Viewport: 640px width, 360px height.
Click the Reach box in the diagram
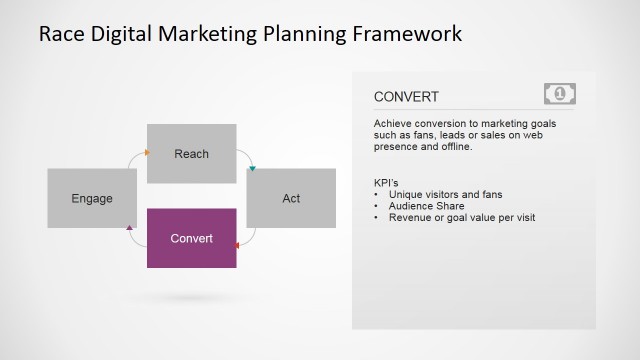pyautogui.click(x=191, y=153)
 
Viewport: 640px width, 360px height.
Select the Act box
pyautogui.click(x=291, y=198)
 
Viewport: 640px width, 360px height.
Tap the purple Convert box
pyautogui.click(x=191, y=238)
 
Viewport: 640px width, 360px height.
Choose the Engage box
pyautogui.click(x=92, y=198)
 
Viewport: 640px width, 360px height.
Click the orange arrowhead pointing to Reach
pyautogui.click(x=146, y=153)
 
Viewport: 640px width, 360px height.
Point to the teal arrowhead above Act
pyautogui.click(x=252, y=168)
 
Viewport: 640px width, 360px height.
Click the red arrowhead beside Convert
pyautogui.click(x=237, y=243)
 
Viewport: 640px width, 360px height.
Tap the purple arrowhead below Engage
pyautogui.click(x=130, y=229)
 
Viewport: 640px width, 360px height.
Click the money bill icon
pyautogui.click(x=560, y=94)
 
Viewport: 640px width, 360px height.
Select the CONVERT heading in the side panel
pyautogui.click(x=406, y=97)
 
